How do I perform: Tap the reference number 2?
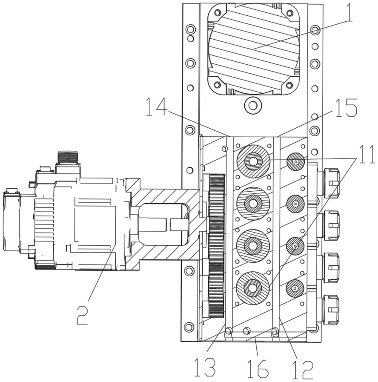(82, 316)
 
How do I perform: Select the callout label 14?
(156, 107)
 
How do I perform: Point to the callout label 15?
(346, 108)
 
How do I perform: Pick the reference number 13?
(205, 368)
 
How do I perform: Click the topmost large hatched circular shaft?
(253, 161)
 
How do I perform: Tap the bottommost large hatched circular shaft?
(253, 288)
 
